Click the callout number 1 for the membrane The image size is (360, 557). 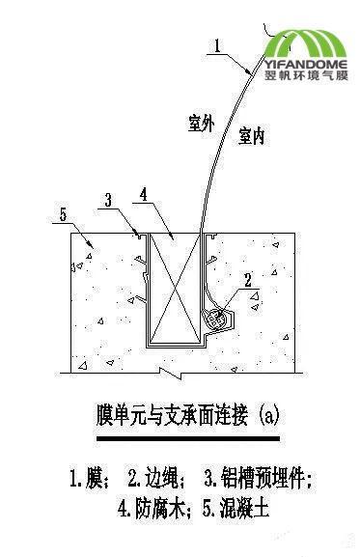pyautogui.click(x=218, y=43)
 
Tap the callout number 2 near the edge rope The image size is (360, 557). pyautogui.click(x=248, y=281)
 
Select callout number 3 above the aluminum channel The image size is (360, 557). pyautogui.click(x=109, y=199)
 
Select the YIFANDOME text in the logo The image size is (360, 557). pyautogui.click(x=308, y=67)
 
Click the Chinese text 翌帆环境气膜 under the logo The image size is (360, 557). pyautogui.click(x=308, y=80)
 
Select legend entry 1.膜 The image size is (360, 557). pyautogui.click(x=84, y=478)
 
